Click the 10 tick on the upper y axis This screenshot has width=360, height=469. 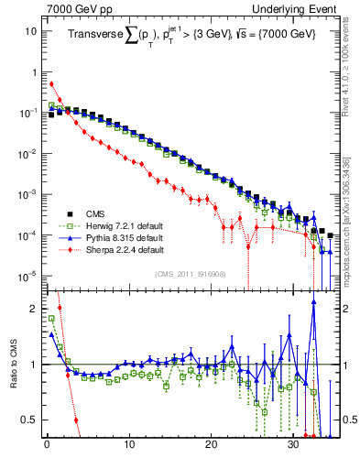tap(29, 30)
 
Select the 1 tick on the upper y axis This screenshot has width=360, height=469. tap(33, 71)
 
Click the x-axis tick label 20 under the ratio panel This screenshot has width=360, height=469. tap(211, 446)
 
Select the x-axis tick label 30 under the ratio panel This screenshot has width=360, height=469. tap(293, 446)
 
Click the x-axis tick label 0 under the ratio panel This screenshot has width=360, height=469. tap(46, 446)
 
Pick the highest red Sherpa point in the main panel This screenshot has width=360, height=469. tap(51, 83)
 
